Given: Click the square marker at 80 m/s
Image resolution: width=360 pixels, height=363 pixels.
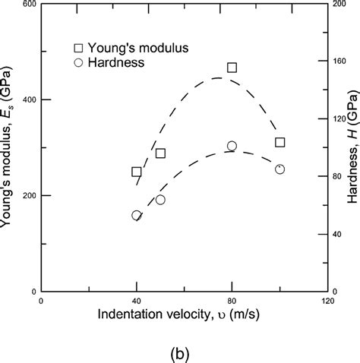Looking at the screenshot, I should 232,68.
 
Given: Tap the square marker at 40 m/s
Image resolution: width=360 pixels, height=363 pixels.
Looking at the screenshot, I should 137,172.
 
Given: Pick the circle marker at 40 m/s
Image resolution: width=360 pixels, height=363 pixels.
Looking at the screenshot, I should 137,215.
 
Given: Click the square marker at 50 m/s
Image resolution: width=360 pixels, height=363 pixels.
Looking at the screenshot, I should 160,153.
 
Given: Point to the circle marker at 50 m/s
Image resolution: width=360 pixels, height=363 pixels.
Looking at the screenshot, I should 160,200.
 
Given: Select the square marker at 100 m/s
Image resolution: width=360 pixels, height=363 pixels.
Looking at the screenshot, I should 279,142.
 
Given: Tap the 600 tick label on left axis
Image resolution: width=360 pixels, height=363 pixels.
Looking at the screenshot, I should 27,5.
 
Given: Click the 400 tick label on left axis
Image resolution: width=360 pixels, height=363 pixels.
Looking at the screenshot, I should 27,100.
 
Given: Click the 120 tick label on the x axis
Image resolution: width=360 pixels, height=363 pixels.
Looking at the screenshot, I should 327,301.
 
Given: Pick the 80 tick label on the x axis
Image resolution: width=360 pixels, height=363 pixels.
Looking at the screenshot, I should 232,301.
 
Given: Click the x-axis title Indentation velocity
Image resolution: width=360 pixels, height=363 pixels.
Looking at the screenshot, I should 182,316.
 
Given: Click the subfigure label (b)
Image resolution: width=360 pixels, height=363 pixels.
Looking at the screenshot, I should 182,352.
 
